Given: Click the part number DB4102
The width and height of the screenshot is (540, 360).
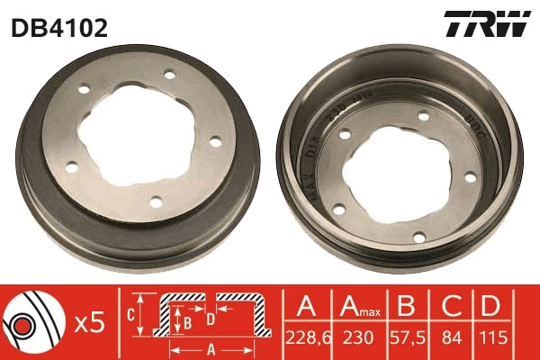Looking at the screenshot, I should [59, 27].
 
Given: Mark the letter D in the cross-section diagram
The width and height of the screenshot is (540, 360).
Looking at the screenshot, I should [210, 319].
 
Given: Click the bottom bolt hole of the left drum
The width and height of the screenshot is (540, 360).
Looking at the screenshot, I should [154, 202].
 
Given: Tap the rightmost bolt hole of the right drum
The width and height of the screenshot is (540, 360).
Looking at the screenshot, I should [469, 177].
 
